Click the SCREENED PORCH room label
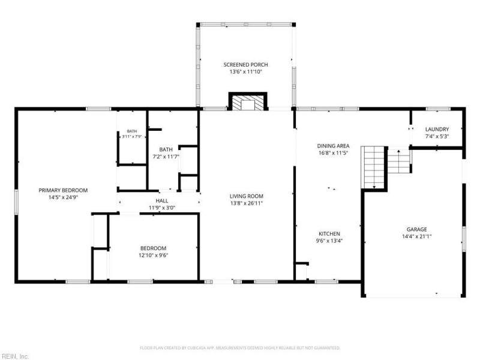(x=245, y=65)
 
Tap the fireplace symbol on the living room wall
(x=248, y=101)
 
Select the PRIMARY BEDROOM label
(x=63, y=190)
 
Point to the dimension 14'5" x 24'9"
(x=63, y=197)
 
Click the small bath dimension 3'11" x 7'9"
(x=132, y=137)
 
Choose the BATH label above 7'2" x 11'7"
(x=166, y=149)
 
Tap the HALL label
(x=162, y=201)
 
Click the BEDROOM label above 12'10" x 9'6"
(x=154, y=248)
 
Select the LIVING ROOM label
(x=247, y=196)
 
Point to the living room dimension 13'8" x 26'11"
(x=247, y=203)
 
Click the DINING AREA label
(x=333, y=146)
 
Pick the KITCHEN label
(x=329, y=233)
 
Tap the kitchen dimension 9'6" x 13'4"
(x=329, y=241)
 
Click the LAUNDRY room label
(x=437, y=129)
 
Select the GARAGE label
(x=416, y=229)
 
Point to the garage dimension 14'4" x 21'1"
(x=416, y=236)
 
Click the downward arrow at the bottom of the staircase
(x=374, y=187)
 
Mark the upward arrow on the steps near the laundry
(x=398, y=151)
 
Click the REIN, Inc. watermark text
(x=14, y=356)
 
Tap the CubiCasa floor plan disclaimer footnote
(x=240, y=348)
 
